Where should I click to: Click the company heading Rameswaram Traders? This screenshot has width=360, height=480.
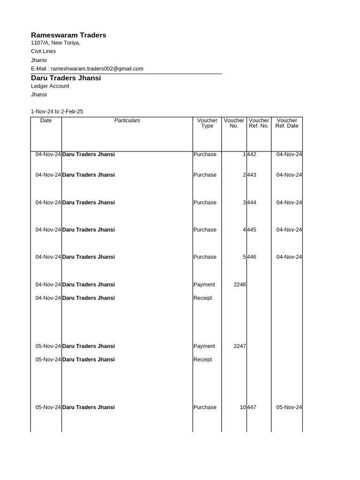point(68,35)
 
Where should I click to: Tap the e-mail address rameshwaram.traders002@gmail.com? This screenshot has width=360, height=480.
point(97,68)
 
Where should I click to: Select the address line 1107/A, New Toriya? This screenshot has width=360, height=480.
point(55,43)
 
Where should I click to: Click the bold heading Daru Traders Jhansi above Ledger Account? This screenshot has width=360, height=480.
point(66,78)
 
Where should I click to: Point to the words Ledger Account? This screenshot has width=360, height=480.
point(50,86)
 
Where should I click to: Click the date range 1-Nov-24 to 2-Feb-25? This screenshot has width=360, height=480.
point(57,112)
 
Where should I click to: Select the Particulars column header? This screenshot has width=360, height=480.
point(127,120)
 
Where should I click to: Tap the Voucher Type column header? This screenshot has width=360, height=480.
point(207,123)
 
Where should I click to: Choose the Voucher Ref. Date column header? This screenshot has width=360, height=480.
point(286,123)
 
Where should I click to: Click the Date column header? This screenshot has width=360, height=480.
point(46,120)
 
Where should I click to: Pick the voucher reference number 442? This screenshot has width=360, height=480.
point(252,155)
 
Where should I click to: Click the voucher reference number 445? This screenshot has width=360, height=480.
point(252,230)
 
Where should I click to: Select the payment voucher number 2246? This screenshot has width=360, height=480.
point(240,285)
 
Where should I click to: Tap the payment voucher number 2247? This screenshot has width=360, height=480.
point(240,346)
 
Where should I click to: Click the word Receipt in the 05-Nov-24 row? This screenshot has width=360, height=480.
point(202,360)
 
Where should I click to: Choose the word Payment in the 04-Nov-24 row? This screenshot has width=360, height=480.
point(204,285)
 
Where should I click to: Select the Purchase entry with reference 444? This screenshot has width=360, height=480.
point(205,203)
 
